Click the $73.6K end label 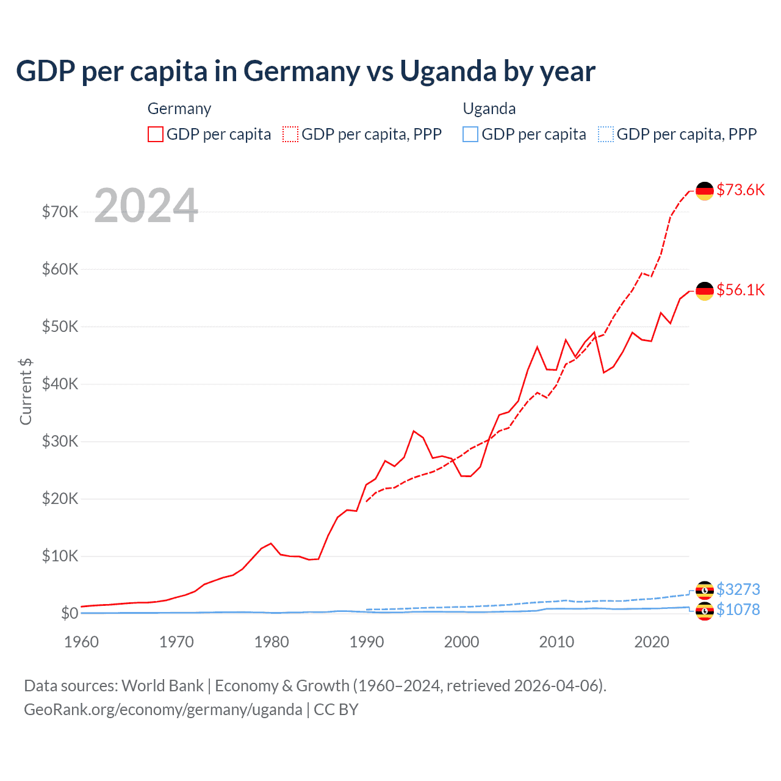[x=740, y=190]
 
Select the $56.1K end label [x=740, y=290]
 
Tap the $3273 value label [x=738, y=589]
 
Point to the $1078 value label [x=738, y=610]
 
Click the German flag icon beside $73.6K [x=705, y=191]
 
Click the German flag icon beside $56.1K [x=705, y=291]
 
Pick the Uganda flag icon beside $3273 [x=705, y=590]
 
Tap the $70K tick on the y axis [x=60, y=212]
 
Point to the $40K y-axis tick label [x=60, y=384]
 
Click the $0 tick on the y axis [x=69, y=613]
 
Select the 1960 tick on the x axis [x=81, y=642]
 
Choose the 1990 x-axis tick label [x=367, y=642]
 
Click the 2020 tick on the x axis [x=652, y=642]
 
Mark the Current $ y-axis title [x=26, y=392]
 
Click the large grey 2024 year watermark [x=146, y=206]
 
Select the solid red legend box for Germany [x=156, y=134]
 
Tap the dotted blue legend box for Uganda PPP [x=606, y=134]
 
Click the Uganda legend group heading [x=489, y=109]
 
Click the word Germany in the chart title [x=302, y=71]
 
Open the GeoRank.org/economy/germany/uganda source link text [x=163, y=710]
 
